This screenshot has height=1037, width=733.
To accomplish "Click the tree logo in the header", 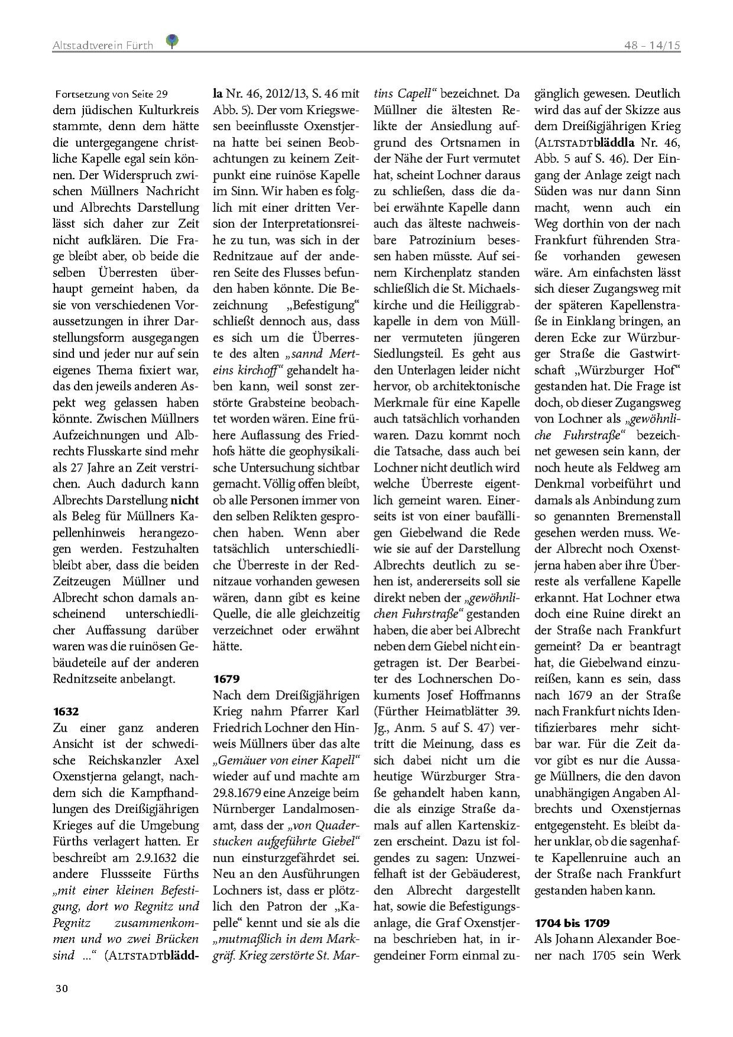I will pos(173,41).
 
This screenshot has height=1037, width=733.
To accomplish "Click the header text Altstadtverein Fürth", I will pos(102,45).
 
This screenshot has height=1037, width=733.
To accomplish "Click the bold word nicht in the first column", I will pos(185,500).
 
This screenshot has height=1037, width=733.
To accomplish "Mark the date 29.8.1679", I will pos(241,792).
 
